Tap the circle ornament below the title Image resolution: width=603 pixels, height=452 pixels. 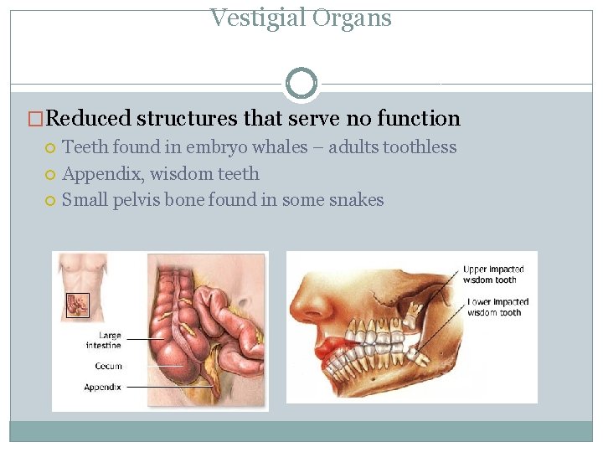click(x=301, y=83)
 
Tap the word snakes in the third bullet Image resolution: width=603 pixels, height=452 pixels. click(x=357, y=200)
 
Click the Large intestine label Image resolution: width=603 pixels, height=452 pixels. click(x=104, y=341)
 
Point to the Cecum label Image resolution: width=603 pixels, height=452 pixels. click(x=109, y=366)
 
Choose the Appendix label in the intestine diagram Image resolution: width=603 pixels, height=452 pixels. click(x=103, y=387)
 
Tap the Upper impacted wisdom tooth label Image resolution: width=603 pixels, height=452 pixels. click(x=493, y=275)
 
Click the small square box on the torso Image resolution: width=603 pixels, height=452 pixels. click(x=78, y=306)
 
